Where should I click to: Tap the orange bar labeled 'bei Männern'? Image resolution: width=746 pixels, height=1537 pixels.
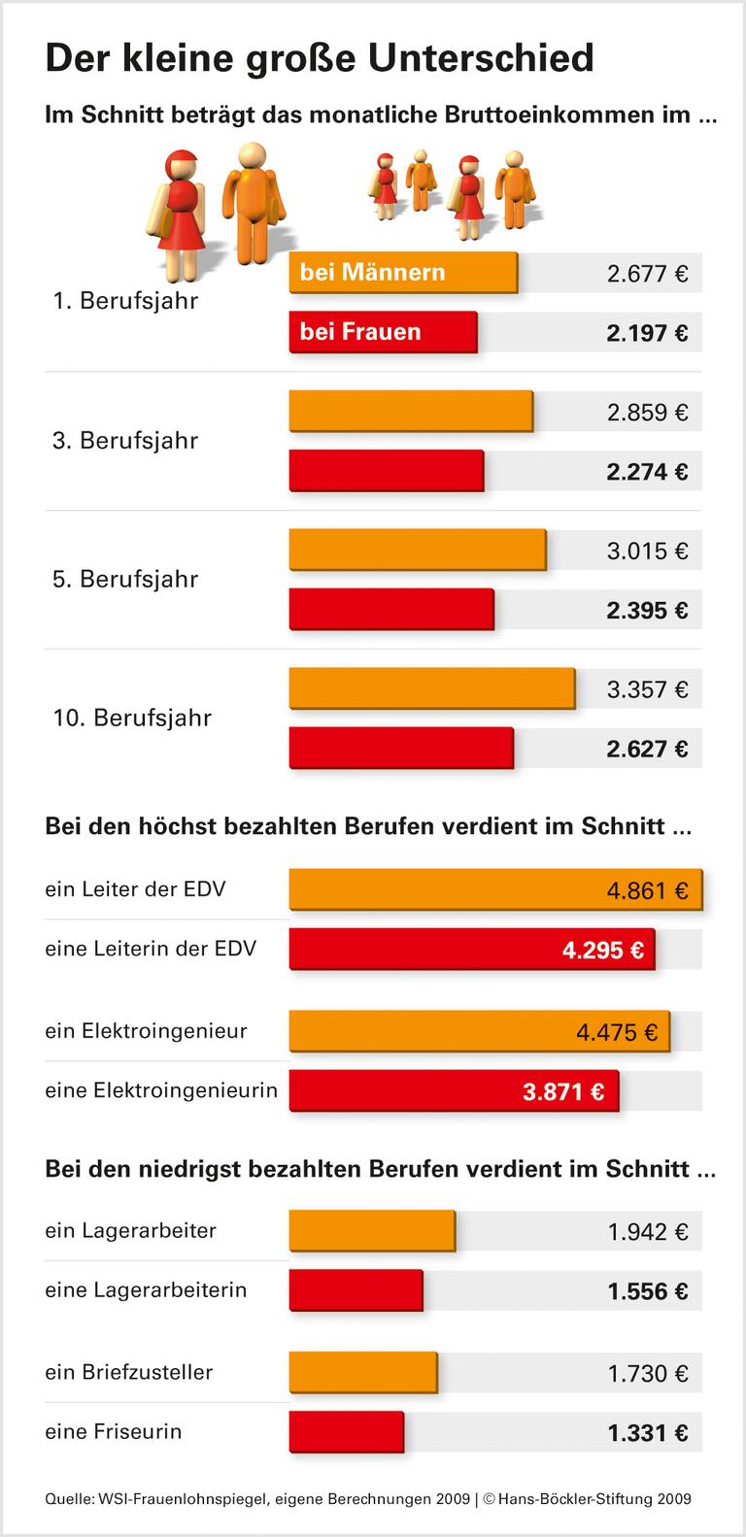pyautogui.click(x=402, y=273)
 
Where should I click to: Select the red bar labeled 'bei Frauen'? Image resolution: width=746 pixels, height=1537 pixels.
pyautogui.click(x=383, y=332)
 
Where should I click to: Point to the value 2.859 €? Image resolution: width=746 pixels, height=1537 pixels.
pyautogui.click(x=647, y=413)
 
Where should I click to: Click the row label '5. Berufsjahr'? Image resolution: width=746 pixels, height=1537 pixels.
pyautogui.click(x=125, y=580)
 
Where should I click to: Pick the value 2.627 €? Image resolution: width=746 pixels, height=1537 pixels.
pyautogui.click(x=647, y=750)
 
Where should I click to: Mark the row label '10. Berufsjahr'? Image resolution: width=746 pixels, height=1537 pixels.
pyautogui.click(x=132, y=718)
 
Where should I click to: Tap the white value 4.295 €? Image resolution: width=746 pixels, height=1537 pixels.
pyautogui.click(x=602, y=951)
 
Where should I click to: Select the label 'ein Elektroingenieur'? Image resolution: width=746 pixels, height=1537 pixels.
pyautogui.click(x=146, y=1031)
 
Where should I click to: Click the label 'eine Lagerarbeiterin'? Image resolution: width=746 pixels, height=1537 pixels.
pyautogui.click(x=146, y=1290)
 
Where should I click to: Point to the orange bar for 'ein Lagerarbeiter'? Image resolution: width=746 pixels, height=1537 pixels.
pyautogui.click(x=371, y=1231)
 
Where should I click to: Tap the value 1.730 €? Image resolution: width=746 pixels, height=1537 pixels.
pyautogui.click(x=647, y=1374)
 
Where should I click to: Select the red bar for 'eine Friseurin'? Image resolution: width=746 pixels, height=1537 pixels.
pyautogui.click(x=346, y=1432)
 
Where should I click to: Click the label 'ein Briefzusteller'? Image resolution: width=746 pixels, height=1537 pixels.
pyautogui.click(x=128, y=1372)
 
